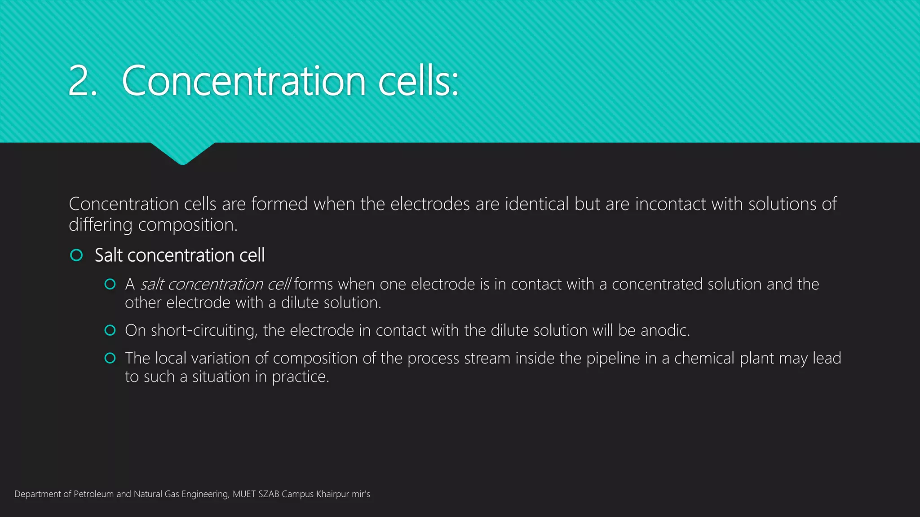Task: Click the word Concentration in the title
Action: click(x=243, y=81)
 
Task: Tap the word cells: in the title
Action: click(x=418, y=81)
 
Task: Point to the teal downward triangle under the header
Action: click(x=182, y=153)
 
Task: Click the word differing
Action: click(x=100, y=225)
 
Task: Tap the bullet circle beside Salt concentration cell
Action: click(x=76, y=255)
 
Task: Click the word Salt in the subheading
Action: click(x=108, y=255)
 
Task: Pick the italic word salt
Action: click(x=152, y=285)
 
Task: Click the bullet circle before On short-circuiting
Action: click(x=110, y=331)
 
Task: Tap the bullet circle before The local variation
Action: click(x=110, y=358)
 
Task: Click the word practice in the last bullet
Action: click(x=300, y=377)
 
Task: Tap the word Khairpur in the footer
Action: click(x=332, y=494)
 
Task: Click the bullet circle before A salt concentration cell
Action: click(x=110, y=284)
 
